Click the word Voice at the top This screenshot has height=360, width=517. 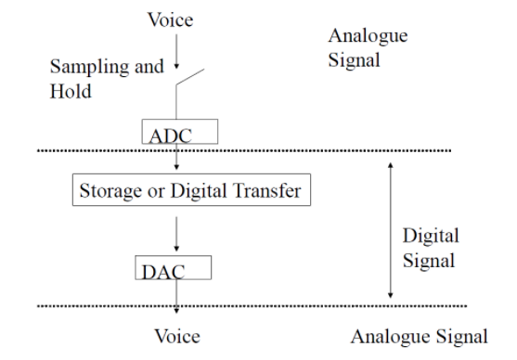pyautogui.click(x=171, y=19)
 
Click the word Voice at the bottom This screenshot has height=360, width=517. pyautogui.click(x=175, y=336)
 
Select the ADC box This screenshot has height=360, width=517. pyautogui.click(x=180, y=132)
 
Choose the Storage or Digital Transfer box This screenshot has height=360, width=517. pyautogui.click(x=189, y=192)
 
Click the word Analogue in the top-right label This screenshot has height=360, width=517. pyautogui.click(x=368, y=36)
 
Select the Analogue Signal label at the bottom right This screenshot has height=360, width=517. pyautogui.click(x=418, y=336)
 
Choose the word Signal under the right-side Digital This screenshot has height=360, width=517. pyautogui.click(x=428, y=261)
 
